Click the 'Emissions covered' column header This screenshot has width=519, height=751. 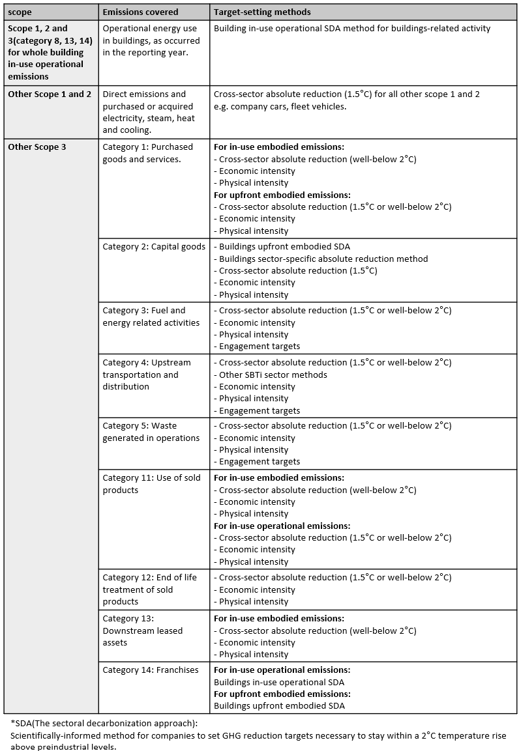click(134, 12)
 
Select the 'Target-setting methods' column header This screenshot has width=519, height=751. click(262, 12)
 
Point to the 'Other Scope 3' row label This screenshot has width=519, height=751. click(37, 147)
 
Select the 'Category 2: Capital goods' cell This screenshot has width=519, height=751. click(154, 247)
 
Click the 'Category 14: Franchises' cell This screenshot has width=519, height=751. click(151, 670)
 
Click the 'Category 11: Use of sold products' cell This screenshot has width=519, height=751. click(151, 484)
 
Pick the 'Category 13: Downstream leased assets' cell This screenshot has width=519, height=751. click(143, 631)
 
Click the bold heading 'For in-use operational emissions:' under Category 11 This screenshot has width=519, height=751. click(282, 526)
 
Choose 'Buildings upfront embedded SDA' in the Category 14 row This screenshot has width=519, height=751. click(279, 706)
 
